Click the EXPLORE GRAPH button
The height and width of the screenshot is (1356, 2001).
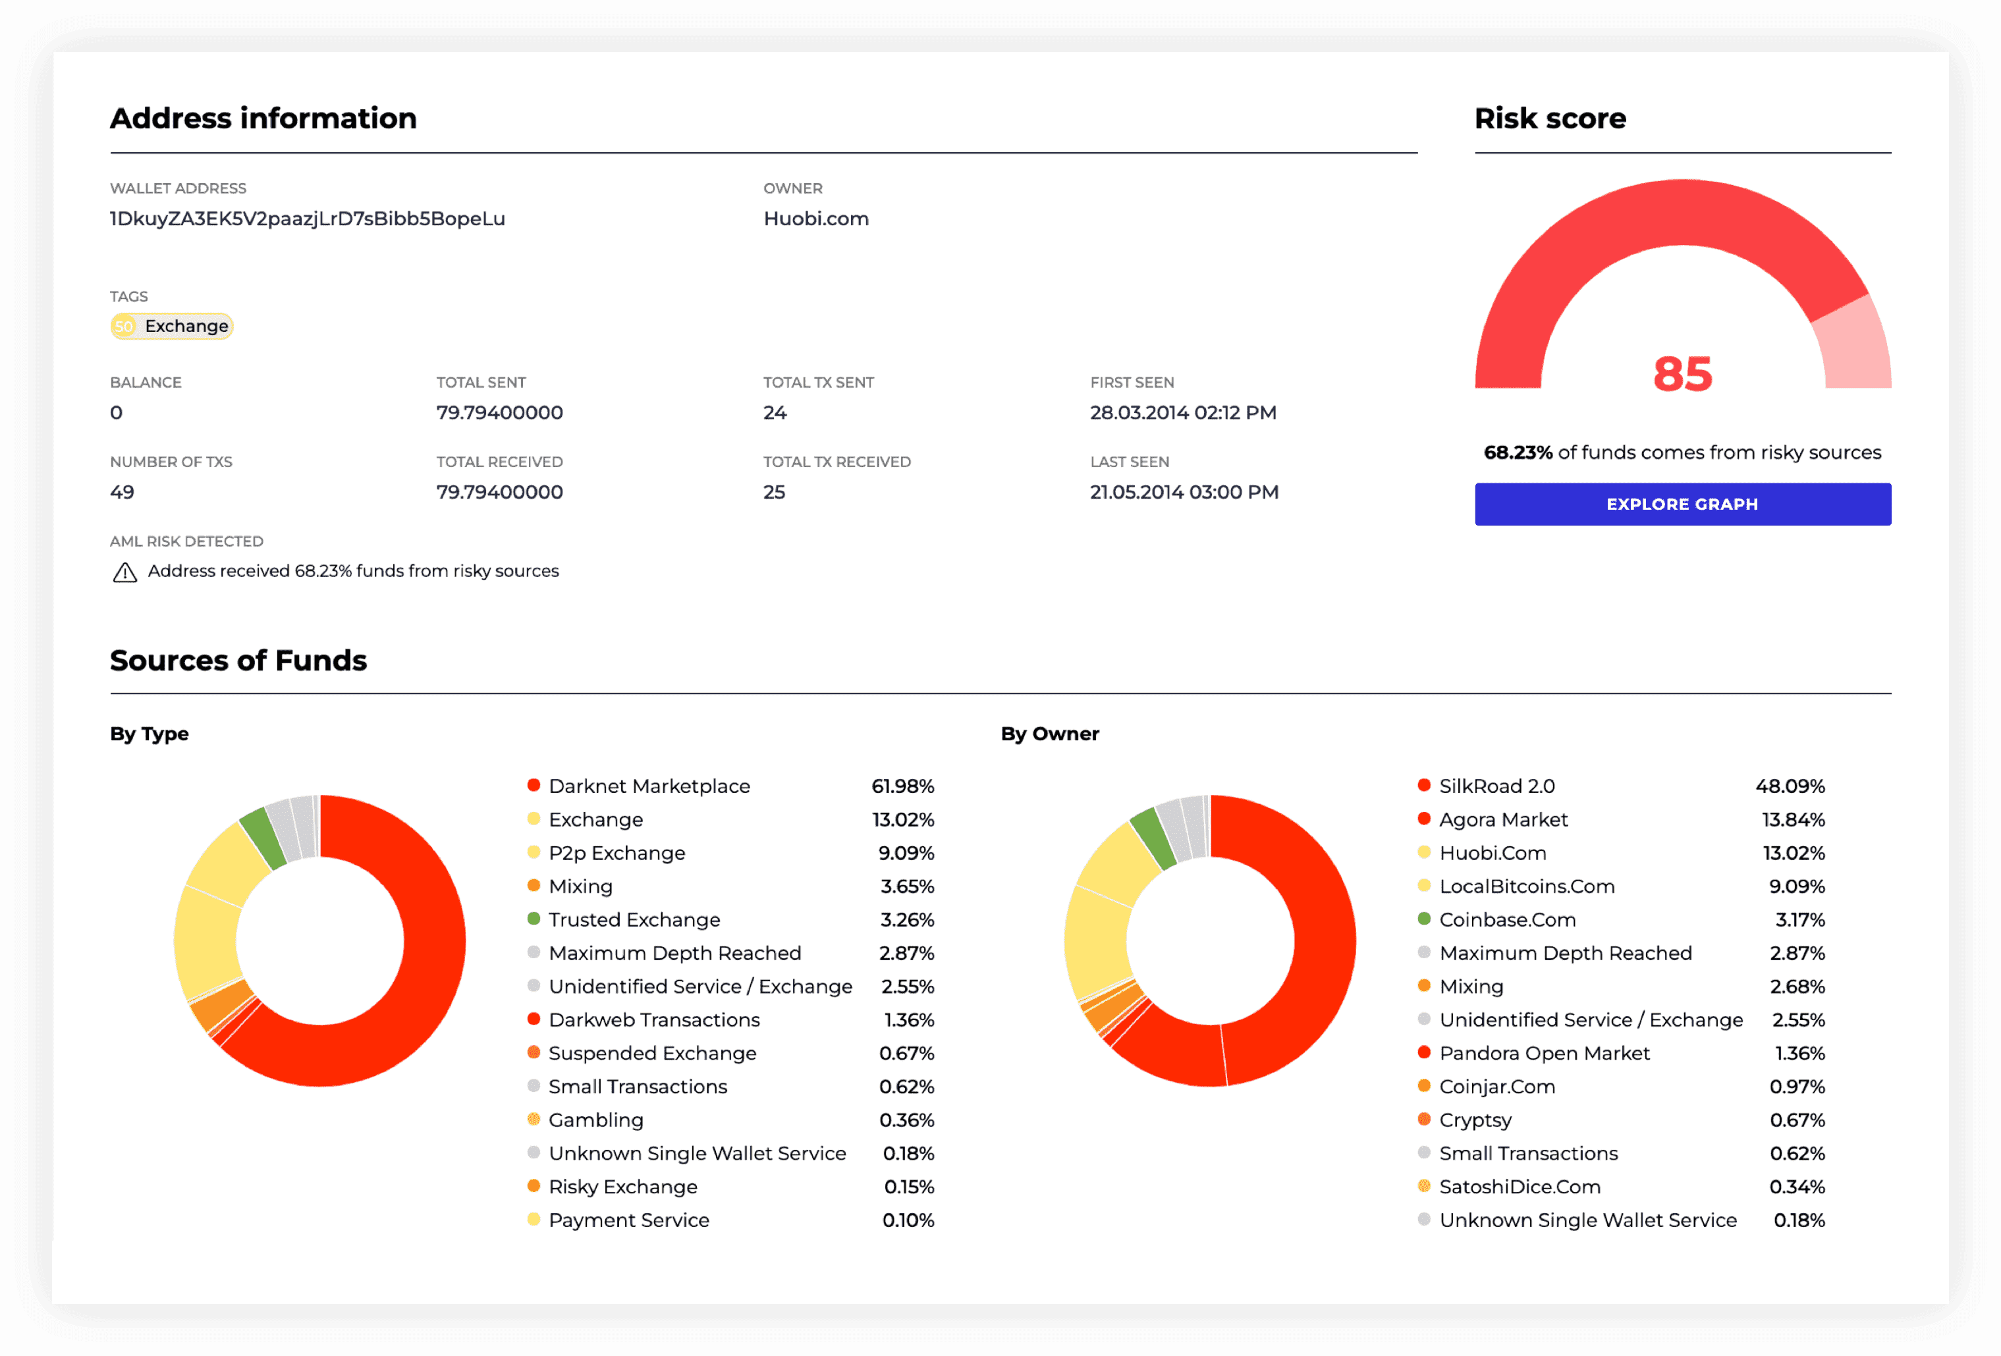[x=1682, y=504]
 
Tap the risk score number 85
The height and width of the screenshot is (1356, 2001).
[x=1682, y=375]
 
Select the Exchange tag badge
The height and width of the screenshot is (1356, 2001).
[x=171, y=326]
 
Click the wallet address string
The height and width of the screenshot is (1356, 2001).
[x=308, y=219]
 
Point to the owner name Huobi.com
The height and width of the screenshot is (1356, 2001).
[x=815, y=219]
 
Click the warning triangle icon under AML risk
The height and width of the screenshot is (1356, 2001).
[x=125, y=572]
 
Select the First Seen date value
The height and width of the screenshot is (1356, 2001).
[x=1182, y=414]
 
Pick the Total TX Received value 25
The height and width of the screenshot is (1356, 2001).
[x=773, y=493]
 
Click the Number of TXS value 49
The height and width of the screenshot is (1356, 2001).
[x=123, y=493]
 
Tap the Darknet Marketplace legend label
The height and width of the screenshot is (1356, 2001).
[x=649, y=786]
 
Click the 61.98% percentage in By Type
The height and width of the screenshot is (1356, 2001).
[x=902, y=786]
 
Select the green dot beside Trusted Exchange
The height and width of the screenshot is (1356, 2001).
[x=534, y=919]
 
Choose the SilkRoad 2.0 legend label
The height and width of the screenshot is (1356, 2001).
[x=1496, y=786]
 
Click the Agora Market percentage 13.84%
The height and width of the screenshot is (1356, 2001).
[x=1793, y=820]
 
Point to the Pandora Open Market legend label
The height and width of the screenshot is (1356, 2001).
[x=1544, y=1053]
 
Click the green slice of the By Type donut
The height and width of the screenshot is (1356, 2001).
[x=261, y=837]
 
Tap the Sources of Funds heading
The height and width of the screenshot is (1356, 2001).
[x=238, y=661]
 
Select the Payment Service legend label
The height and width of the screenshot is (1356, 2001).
[x=628, y=1220]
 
